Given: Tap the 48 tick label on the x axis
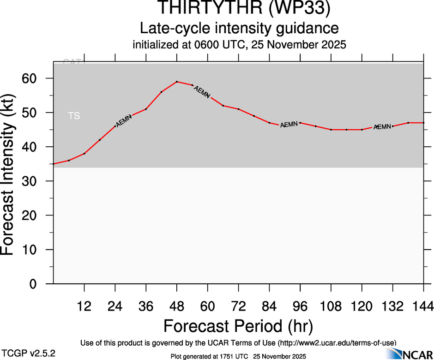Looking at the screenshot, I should pyautogui.click(x=177, y=306).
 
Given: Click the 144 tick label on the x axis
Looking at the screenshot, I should pyautogui.click(x=423, y=306).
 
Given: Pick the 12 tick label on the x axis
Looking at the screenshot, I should pyautogui.click(x=84, y=306).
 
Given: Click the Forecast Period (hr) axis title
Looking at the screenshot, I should pyautogui.click(x=238, y=326).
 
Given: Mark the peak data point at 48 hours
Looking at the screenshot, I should pyautogui.click(x=177, y=82).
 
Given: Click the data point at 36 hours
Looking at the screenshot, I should pyautogui.click(x=146, y=109).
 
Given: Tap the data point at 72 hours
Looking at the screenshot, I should pyautogui.click(x=238, y=109).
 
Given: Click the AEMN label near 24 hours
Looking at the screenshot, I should pyautogui.click(x=124, y=121).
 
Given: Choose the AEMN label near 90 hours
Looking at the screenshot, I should pyautogui.click(x=289, y=125).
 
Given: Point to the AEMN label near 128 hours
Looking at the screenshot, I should pyautogui.click(x=382, y=126).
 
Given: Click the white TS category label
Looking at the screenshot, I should pyautogui.click(x=74, y=116).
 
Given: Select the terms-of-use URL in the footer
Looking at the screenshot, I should pyautogui.click(x=337, y=342).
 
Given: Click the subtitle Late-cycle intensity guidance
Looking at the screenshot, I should pyautogui.click(x=239, y=28).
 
